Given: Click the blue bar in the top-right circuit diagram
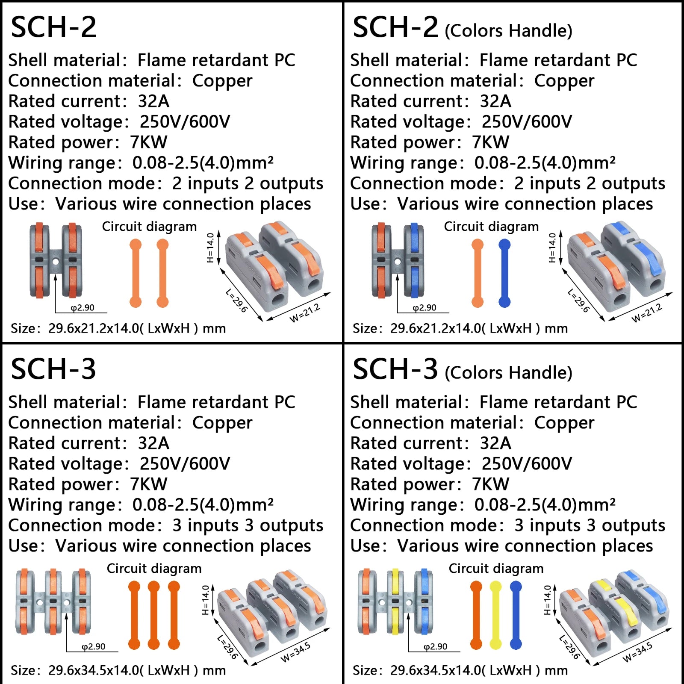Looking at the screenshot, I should pos(504,274).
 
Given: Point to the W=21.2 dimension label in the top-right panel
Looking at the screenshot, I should pos(647,313).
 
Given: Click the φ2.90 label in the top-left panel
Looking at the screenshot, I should pos(83,308).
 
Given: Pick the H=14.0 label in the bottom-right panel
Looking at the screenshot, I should pos(548,600).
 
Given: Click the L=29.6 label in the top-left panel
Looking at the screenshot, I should pos(236,301).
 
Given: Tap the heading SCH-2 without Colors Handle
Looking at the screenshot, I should pos(53,27).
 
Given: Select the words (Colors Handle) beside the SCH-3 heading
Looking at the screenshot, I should pos(508,373).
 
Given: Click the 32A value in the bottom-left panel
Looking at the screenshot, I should pos(153,443).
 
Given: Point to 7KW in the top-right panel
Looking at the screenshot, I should pos(491,142).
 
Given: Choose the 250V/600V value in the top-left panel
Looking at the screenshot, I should pos(185,122).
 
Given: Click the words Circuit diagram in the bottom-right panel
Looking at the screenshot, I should pos(496,569).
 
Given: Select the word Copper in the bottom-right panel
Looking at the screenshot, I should pos(564,423).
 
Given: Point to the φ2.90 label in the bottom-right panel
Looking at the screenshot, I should pos(436,647).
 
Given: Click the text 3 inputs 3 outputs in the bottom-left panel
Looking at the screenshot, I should pos(248,525).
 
